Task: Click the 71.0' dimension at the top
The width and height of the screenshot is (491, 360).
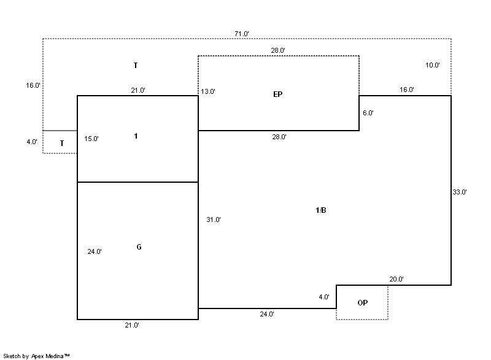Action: pyautogui.click(x=241, y=34)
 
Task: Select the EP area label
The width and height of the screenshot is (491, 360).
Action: pyautogui.click(x=278, y=94)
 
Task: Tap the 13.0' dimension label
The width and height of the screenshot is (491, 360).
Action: pyautogui.click(x=207, y=92)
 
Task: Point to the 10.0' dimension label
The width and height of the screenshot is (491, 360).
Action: pyautogui.click(x=432, y=65)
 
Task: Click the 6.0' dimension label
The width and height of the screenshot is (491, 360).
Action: pyautogui.click(x=368, y=113)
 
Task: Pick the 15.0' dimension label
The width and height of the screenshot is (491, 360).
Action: pyautogui.click(x=91, y=139)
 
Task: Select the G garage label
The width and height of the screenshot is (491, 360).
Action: pyautogui.click(x=139, y=247)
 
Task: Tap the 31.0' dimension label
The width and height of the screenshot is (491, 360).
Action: pyautogui.click(x=214, y=220)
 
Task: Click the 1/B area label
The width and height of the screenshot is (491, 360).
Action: pyautogui.click(x=320, y=211)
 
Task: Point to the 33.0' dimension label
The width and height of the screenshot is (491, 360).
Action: pyautogui.click(x=460, y=192)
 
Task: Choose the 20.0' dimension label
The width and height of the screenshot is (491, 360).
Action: pyautogui.click(x=396, y=280)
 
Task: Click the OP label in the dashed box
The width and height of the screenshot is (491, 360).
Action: pyautogui.click(x=362, y=303)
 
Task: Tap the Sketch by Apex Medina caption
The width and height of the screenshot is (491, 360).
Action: pyautogui.click(x=36, y=356)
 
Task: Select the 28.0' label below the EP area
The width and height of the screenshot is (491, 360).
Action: pyautogui.click(x=279, y=137)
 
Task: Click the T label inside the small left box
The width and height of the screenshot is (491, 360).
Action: pyautogui.click(x=62, y=144)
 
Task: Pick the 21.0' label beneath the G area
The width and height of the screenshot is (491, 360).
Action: pyautogui.click(x=131, y=326)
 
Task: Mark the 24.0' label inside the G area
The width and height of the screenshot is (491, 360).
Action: pyautogui.click(x=95, y=251)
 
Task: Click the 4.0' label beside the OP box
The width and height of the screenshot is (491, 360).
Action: pyautogui.click(x=324, y=297)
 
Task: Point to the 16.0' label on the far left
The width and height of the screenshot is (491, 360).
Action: pyautogui.click(x=33, y=86)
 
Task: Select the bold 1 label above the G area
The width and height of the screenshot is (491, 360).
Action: pyautogui.click(x=136, y=136)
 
